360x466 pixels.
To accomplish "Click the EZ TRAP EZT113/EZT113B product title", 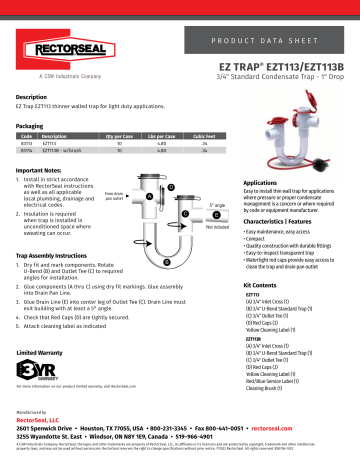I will (x=284, y=63).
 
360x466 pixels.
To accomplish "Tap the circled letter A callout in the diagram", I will (x=150, y=196).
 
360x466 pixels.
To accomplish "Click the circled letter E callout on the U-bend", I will (x=166, y=260).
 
